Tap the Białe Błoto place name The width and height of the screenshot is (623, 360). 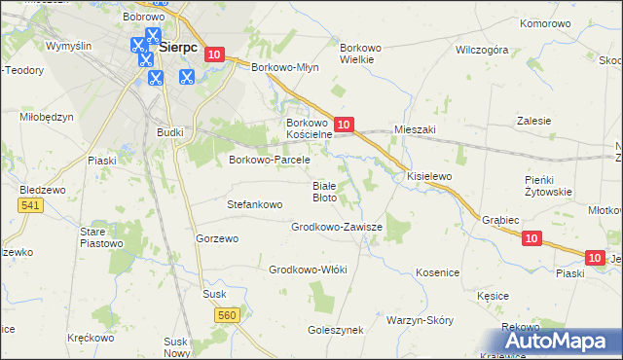pos(324,191)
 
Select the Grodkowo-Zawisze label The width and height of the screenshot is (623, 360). pos(337,226)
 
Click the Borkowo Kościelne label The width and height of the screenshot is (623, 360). pos(310,129)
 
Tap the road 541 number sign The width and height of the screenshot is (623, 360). pos(28,205)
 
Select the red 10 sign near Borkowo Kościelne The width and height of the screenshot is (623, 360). pos(344,125)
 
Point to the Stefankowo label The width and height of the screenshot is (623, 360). pos(254,205)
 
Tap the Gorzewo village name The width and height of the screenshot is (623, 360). pos(217,238)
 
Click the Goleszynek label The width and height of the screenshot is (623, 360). pos(335,330)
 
